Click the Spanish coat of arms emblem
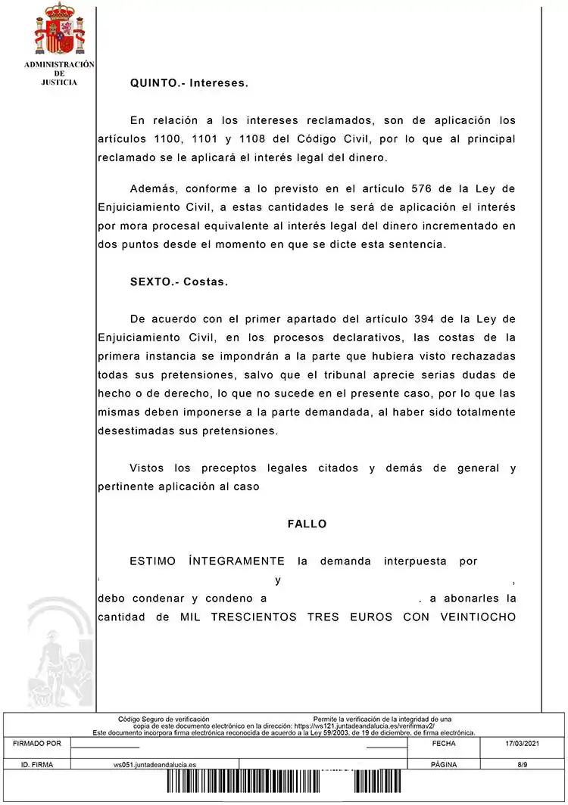pyautogui.click(x=60, y=29)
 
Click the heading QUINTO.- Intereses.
pyautogui.click(x=189, y=83)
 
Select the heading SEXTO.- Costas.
pyautogui.click(x=179, y=281)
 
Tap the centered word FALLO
pyautogui.click(x=307, y=524)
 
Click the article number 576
pyautogui.click(x=420, y=188)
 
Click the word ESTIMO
pyautogui.click(x=153, y=561)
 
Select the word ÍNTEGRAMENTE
pyautogui.click(x=236, y=561)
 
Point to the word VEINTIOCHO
pyautogui.click(x=473, y=617)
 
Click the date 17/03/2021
pyautogui.click(x=522, y=744)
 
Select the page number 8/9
pyautogui.click(x=522, y=764)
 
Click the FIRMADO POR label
pyautogui.click(x=37, y=744)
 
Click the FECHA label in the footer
pyautogui.click(x=443, y=744)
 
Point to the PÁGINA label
pyautogui.click(x=443, y=764)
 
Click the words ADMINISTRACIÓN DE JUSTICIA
pyautogui.click(x=59, y=73)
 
